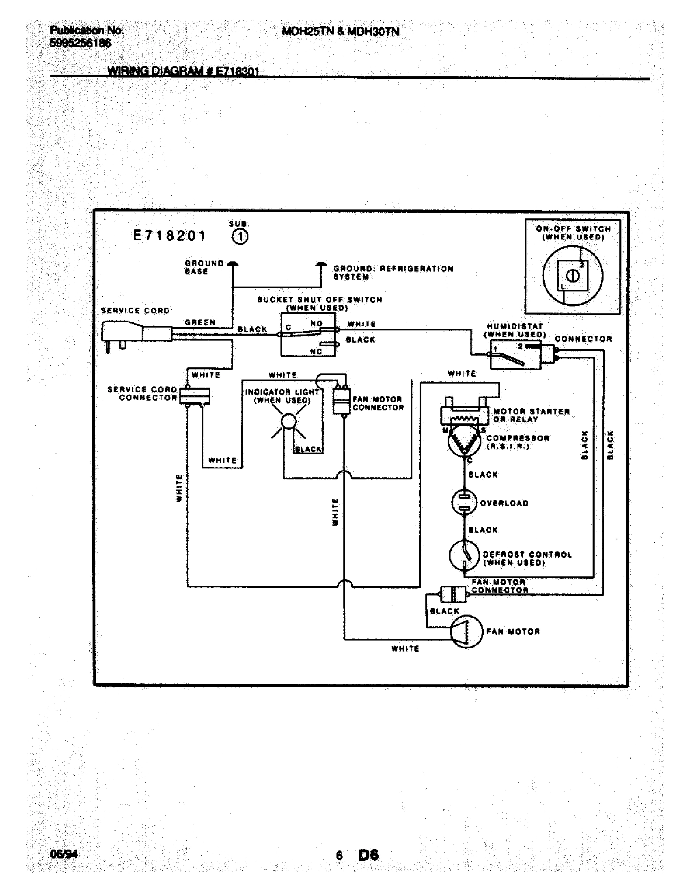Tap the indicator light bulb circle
coord(289,421)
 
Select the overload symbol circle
coord(464,503)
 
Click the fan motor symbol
coord(466,632)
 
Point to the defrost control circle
coord(464,555)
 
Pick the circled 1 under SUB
coord(240,237)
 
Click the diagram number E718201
coord(170,236)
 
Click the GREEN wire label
coord(200,323)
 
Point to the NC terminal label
coord(316,352)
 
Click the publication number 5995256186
coord(80,43)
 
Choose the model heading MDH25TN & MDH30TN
coord(341,32)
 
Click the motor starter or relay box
coord(464,413)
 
